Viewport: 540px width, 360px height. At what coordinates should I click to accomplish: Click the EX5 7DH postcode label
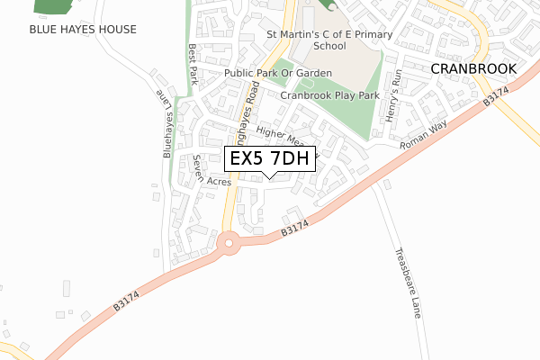(x=269, y=159)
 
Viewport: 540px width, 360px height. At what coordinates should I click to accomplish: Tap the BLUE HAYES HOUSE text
(x=83, y=30)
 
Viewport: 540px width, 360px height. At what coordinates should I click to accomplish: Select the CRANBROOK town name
(x=472, y=68)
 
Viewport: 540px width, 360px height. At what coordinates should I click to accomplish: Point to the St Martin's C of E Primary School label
(x=329, y=35)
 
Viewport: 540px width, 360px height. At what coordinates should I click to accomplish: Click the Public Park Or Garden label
(x=278, y=73)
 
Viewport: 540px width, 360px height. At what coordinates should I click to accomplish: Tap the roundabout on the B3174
(x=229, y=242)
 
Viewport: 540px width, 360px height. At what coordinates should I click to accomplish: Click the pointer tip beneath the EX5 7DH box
(x=269, y=177)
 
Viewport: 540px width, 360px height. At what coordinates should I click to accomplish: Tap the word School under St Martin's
(x=329, y=45)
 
